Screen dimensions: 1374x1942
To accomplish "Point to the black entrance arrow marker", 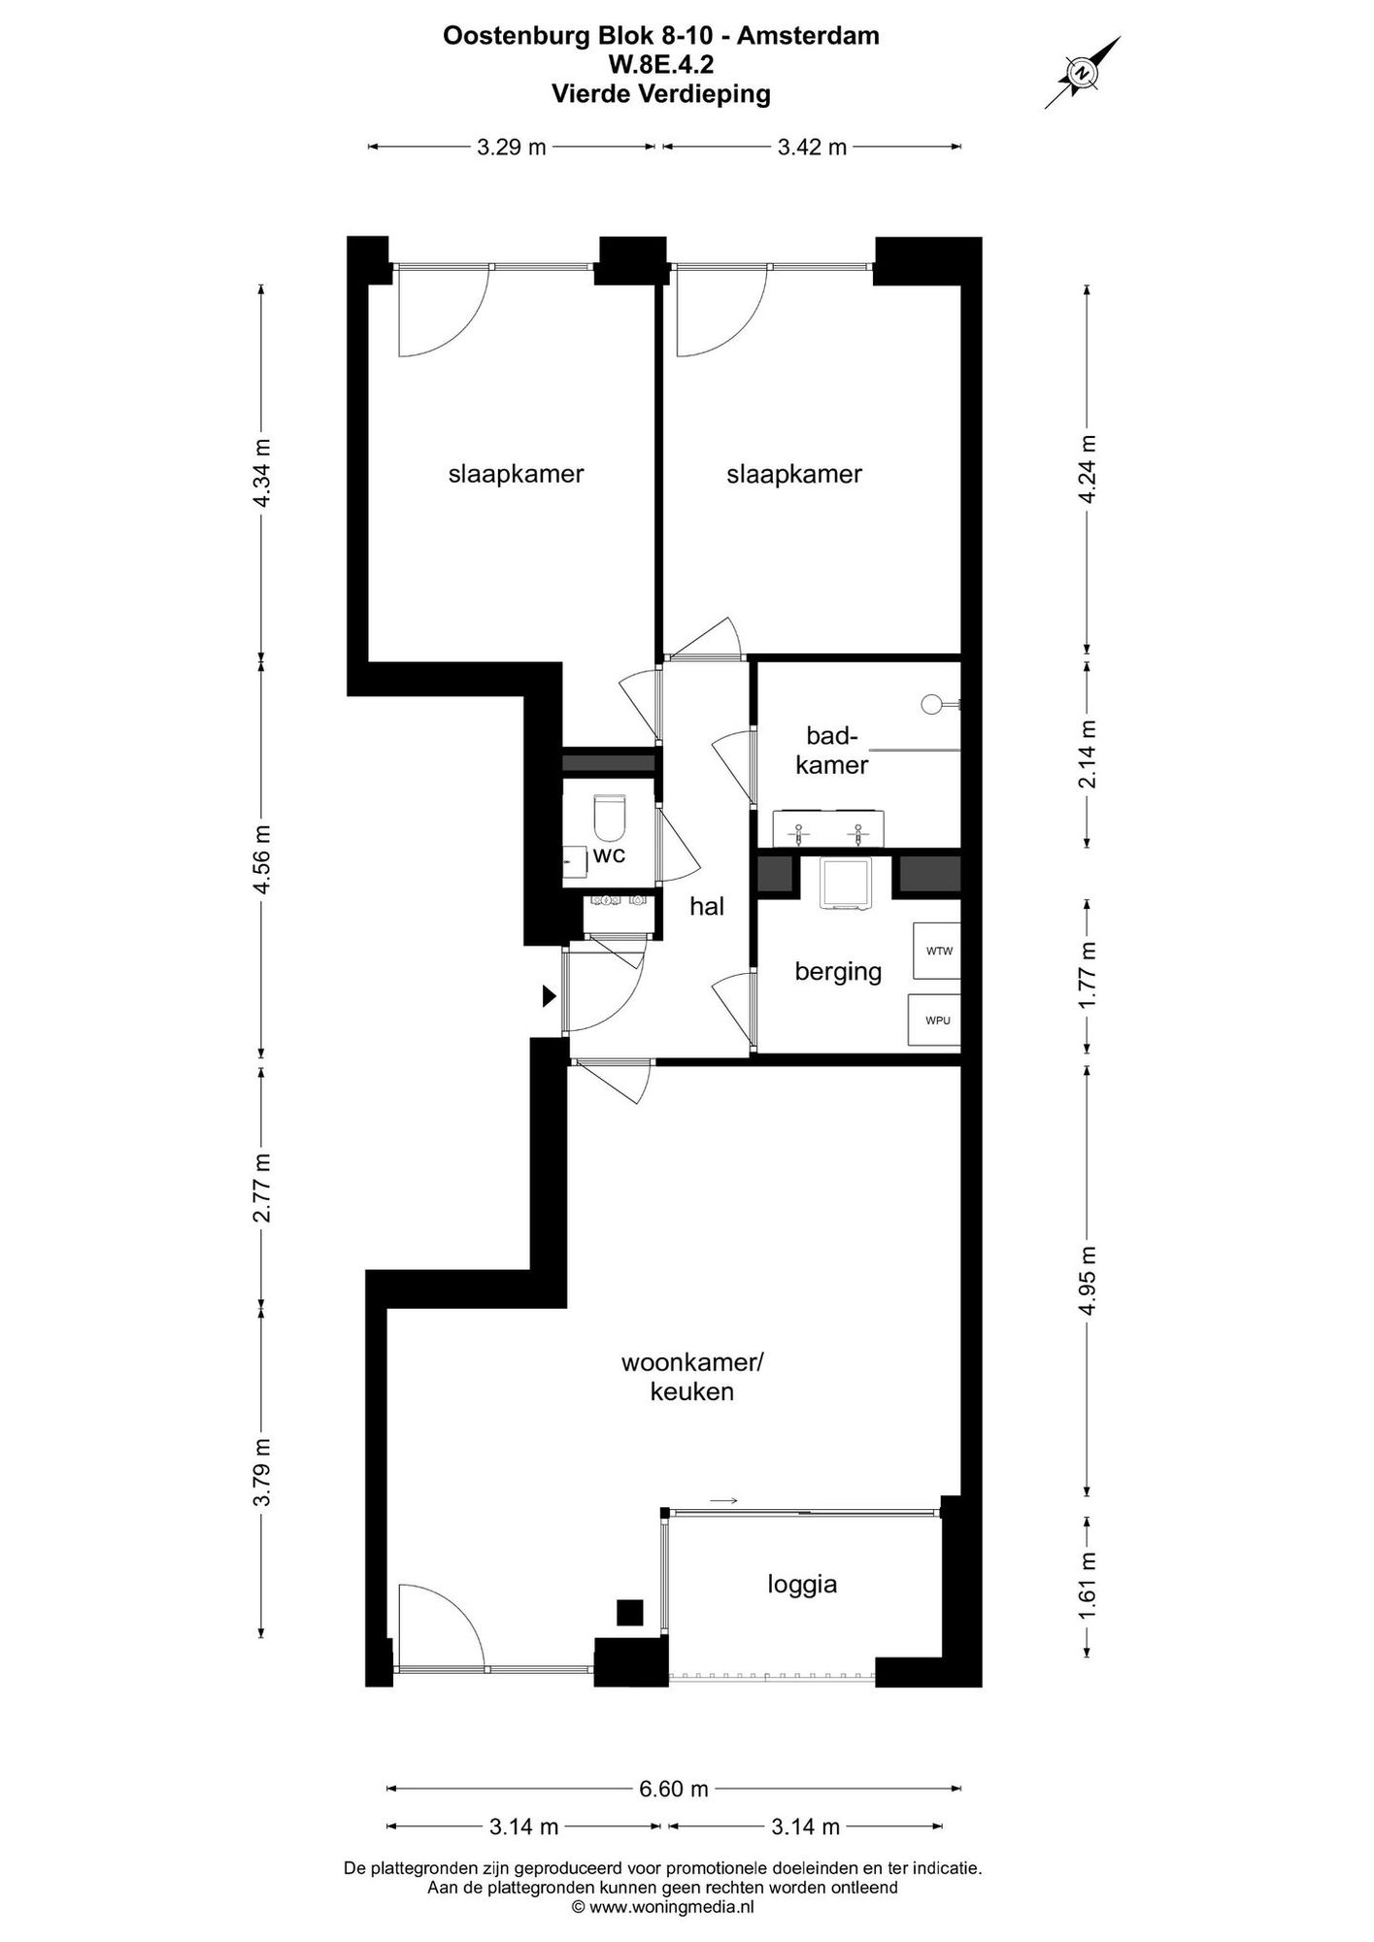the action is coord(549,995).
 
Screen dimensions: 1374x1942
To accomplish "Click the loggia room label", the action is coord(802,1585).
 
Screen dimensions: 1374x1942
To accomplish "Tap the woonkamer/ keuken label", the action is coord(692,1377).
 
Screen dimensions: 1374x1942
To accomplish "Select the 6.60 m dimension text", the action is coord(674,1789).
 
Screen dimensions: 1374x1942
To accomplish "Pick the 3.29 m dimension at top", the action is coord(511,148).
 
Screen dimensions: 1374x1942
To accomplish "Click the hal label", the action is coord(707,907).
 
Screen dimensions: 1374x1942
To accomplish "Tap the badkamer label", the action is coord(831,750).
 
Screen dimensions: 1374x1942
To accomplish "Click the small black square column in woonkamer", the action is coord(630,1612).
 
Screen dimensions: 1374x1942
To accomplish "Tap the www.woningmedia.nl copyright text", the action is coord(662,1907).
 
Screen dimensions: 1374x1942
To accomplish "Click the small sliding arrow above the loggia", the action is coord(723,1501).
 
